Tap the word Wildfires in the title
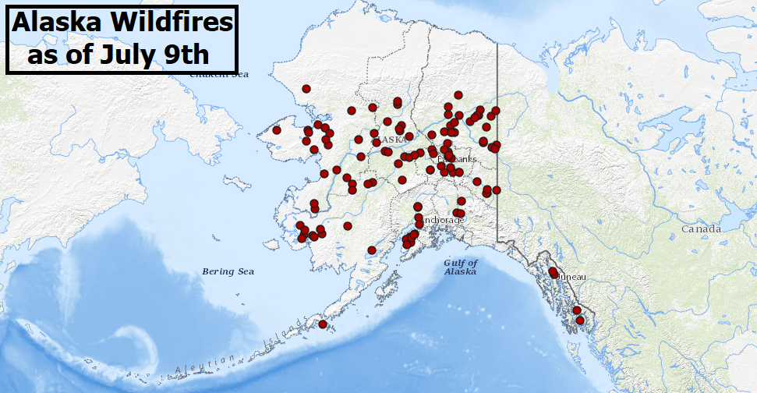coord(175,23)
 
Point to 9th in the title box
coord(186,55)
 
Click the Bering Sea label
coord(228,271)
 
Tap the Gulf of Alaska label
coord(461,267)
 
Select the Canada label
coord(700,229)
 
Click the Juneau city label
coord(571,277)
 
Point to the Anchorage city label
coord(442,221)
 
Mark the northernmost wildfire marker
coord(306,89)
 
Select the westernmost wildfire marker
coord(276,130)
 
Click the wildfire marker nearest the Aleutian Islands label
coord(323,324)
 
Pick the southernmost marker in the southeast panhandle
coord(580,320)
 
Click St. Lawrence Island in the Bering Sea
coord(237,184)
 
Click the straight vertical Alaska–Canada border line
coord(498,140)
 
